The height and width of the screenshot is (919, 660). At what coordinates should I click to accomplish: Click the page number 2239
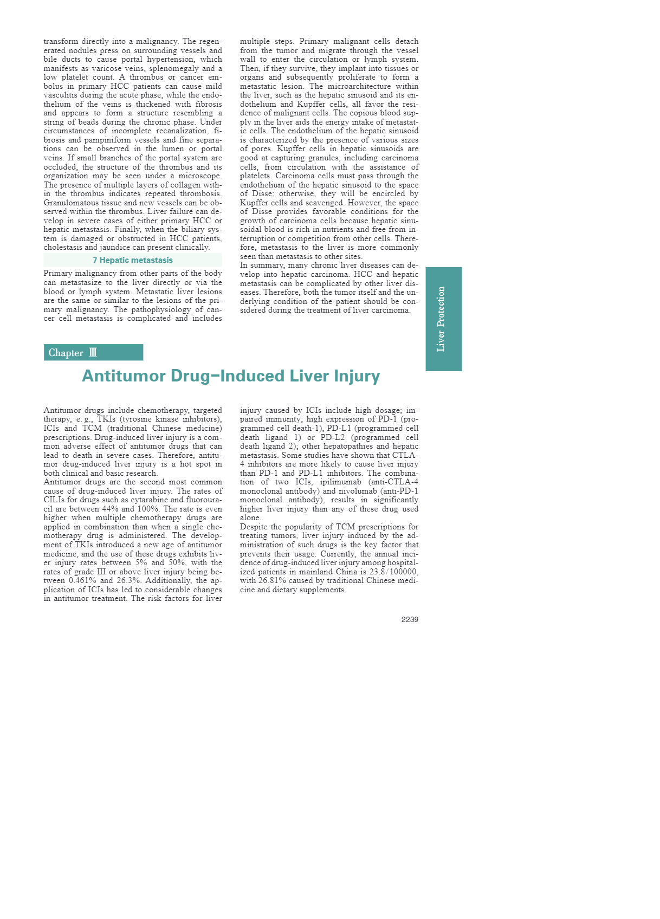[x=409, y=619]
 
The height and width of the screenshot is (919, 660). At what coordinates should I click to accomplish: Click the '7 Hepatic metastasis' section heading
[x=133, y=260]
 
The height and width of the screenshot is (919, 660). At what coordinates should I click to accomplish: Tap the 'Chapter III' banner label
[x=73, y=353]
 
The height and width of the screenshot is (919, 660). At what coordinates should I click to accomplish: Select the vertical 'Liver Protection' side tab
[x=443, y=319]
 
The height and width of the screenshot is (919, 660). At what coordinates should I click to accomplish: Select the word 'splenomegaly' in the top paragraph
[x=174, y=68]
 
